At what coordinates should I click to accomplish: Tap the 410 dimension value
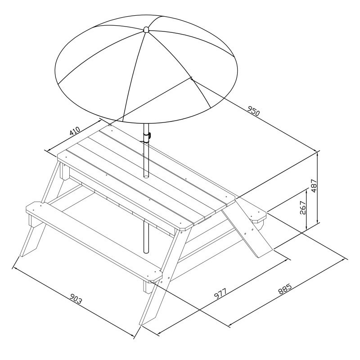click(75, 131)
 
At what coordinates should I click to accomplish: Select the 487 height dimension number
click(314, 186)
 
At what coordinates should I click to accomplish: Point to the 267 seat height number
click(303, 207)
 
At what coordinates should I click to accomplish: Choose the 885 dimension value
click(285, 289)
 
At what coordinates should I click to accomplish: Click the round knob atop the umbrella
click(146, 29)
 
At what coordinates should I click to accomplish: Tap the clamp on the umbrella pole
click(147, 137)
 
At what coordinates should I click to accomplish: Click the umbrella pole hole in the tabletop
click(146, 176)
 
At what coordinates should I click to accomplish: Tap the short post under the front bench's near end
click(148, 287)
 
